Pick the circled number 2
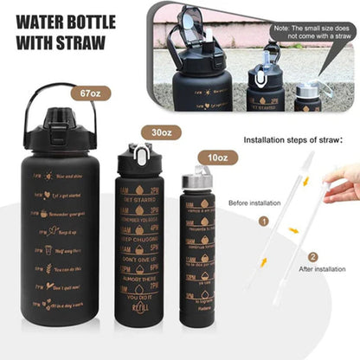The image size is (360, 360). pos(312,256)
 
